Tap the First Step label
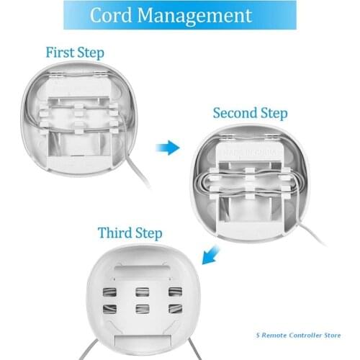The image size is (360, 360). coord(74,53)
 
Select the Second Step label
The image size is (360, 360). coord(250,114)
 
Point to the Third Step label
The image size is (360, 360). coord(130,233)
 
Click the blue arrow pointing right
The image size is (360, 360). coord(168,148)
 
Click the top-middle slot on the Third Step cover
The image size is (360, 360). coord(142,292)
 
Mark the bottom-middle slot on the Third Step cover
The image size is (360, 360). coord(142,308)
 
